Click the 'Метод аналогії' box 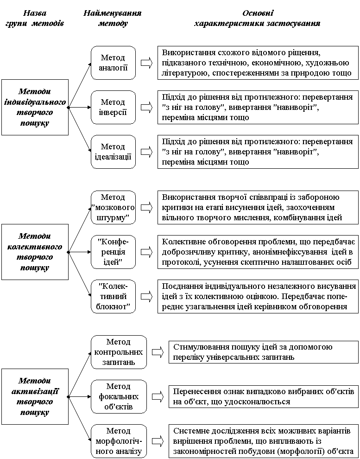[113, 63]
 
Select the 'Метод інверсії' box [113, 107]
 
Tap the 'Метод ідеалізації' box [113, 152]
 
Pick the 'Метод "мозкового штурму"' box [113, 207]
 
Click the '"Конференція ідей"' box [113, 252]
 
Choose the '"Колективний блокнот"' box [113, 296]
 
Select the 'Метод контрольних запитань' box [119, 352]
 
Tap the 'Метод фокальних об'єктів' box [119, 396]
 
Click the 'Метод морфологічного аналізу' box [119, 441]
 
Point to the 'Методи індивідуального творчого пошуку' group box [35, 107]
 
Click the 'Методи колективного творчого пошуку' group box [35, 252]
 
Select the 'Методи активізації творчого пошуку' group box [35, 396]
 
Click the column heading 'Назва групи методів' [35, 18]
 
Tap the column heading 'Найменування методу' [113, 18]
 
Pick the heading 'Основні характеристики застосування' [257, 18]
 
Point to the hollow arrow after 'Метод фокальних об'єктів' [158, 397]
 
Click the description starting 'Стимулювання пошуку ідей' [263, 352]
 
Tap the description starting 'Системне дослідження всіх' [263, 441]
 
